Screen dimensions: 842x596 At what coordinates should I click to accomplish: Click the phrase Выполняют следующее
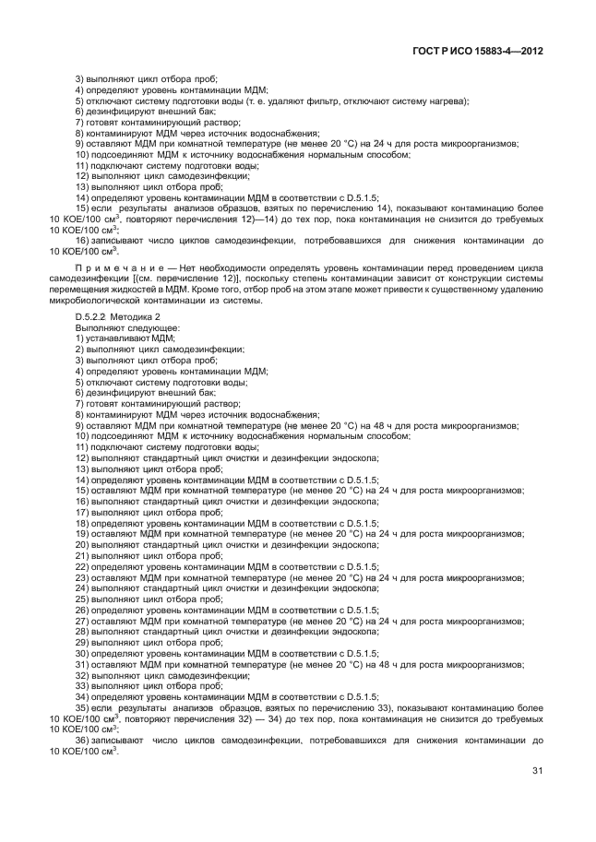(x=114, y=327)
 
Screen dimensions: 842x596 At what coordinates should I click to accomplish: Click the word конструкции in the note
(x=441, y=278)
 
